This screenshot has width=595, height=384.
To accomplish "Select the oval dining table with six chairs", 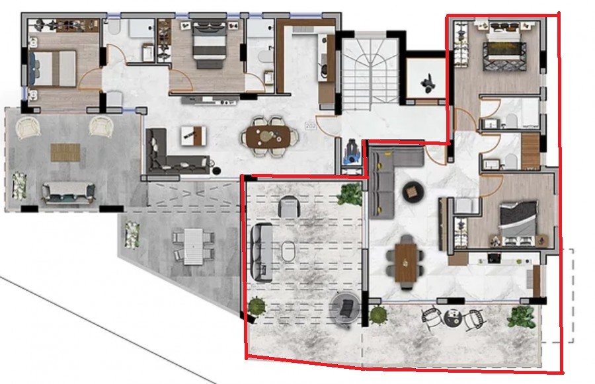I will (268, 135).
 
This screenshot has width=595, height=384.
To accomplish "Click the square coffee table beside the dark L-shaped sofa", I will (192, 135).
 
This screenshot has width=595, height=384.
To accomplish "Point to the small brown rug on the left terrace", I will (64, 151).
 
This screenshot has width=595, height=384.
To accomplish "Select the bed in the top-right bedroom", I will (504, 50).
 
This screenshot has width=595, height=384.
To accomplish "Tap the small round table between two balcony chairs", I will (453, 318).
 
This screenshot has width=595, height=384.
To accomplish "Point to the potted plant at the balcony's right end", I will (520, 317).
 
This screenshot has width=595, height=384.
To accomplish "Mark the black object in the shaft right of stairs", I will (426, 81).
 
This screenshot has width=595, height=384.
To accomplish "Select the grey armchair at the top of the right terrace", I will (289, 207).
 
